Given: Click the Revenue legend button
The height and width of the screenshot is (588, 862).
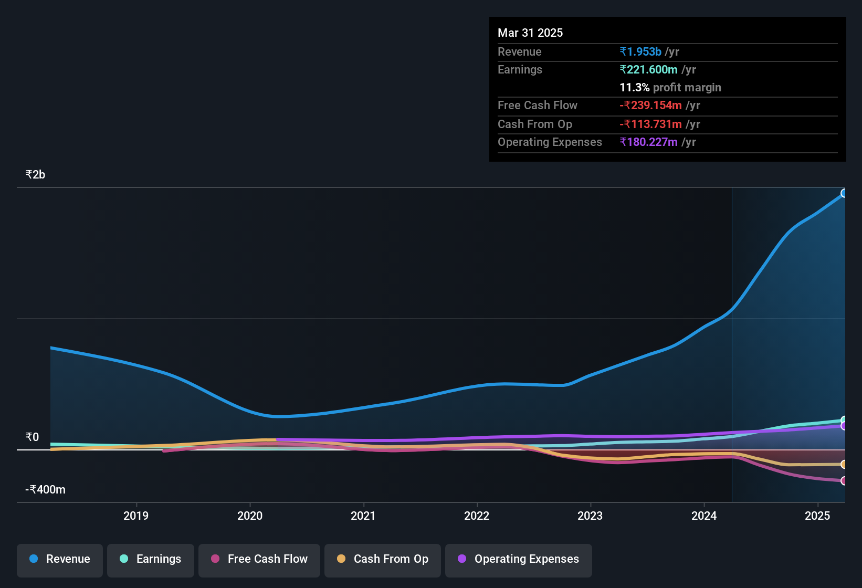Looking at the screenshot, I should tap(60, 559).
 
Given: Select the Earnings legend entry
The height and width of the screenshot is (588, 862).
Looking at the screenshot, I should tap(151, 559).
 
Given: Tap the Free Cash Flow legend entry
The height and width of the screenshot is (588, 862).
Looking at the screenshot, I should tap(259, 559).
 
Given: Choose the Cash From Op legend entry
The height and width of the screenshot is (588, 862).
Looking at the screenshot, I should tap(383, 559).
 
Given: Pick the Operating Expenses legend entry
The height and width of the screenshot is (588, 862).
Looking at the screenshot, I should tap(519, 559).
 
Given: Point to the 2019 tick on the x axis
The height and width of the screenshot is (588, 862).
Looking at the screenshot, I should tap(136, 516).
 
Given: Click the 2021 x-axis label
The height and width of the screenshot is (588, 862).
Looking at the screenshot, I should tap(363, 516).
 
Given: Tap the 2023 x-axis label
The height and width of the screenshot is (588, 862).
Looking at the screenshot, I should tap(590, 516).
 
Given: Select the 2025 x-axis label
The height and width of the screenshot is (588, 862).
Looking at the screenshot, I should tap(817, 516).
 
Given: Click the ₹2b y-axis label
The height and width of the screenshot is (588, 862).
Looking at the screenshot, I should tap(35, 175).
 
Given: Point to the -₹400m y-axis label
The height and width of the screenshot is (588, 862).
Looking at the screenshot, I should tap(46, 490).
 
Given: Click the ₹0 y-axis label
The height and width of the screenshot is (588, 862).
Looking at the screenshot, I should tap(32, 437).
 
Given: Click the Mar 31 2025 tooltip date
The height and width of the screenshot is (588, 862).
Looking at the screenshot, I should tap(530, 33).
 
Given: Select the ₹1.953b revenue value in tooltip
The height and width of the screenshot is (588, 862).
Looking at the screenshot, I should tap(640, 51).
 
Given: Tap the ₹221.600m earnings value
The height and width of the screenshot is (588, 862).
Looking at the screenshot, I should tap(649, 69).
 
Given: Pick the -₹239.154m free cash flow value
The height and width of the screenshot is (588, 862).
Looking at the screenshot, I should tap(650, 105).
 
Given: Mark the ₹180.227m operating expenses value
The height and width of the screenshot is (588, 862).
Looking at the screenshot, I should tap(649, 142).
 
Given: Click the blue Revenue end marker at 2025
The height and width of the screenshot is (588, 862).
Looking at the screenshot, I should tap(844, 193).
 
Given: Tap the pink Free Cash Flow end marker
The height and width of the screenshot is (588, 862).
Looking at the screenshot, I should tap(844, 480).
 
